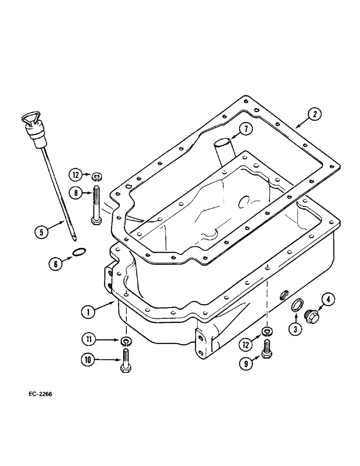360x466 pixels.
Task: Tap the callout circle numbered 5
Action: pos(43,230)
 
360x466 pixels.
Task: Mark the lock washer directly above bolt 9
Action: pos(266,331)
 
